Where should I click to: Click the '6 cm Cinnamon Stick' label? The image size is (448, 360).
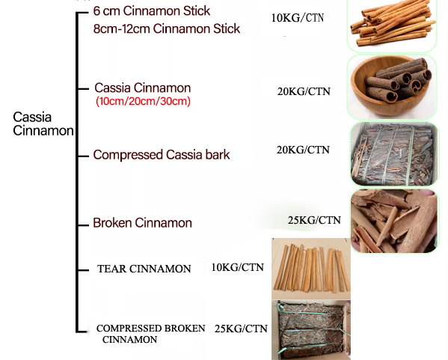[x=152, y=11]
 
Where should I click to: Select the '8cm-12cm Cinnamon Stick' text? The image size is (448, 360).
[x=167, y=29]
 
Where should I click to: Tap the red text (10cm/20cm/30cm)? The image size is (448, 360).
[x=143, y=101]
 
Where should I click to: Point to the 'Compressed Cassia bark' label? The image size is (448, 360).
[x=162, y=155]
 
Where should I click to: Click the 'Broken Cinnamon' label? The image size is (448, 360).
[x=143, y=223]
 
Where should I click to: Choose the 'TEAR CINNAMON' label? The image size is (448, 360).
[x=144, y=269]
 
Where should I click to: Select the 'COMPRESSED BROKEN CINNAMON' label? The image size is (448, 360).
[x=150, y=334]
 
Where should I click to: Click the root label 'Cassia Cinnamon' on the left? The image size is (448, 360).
[x=43, y=123]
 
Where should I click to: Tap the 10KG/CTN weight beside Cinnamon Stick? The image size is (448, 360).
[x=298, y=18]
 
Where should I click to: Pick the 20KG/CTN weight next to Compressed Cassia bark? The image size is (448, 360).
[x=303, y=150]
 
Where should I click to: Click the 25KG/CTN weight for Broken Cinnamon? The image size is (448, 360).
[x=314, y=220]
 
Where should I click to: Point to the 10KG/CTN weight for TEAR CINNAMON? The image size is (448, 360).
[x=237, y=267]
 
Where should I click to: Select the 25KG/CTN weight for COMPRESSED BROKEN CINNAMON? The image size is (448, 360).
[x=241, y=329]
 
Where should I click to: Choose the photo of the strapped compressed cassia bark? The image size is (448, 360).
[x=394, y=154]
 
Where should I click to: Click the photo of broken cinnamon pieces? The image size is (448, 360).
[x=394, y=221]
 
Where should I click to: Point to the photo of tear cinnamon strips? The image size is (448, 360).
[x=311, y=269]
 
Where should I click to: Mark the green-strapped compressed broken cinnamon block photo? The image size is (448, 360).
[x=311, y=330]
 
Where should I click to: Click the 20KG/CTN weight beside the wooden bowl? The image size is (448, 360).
[x=304, y=91]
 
